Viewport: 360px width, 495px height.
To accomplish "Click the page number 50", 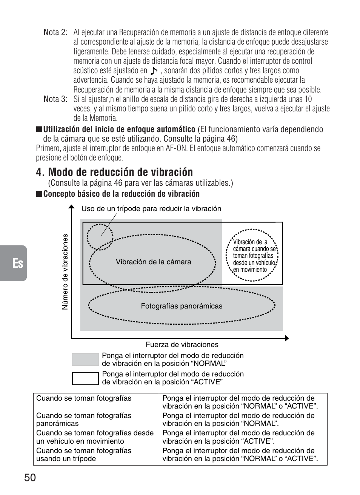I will pyautogui.click(x=30, y=478).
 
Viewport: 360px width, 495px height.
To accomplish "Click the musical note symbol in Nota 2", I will pyautogui.click(x=154, y=71).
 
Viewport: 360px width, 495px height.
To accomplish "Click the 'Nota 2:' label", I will pyautogui.click(x=55, y=32).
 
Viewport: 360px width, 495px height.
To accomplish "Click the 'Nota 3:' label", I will pyautogui.click(x=55, y=99).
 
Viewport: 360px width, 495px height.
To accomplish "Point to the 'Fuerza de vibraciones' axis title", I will pyautogui.click(x=182, y=344).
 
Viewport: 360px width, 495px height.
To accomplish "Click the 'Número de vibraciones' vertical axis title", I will pyautogui.click(x=66, y=272).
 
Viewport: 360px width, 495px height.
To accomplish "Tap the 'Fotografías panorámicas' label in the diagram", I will pyautogui.click(x=182, y=306).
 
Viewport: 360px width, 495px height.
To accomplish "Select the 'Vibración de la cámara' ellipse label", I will pyautogui.click(x=153, y=262).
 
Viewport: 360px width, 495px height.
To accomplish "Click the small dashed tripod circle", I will pyautogui.click(x=100, y=237).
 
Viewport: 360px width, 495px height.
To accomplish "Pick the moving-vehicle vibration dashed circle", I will pyautogui.click(x=252, y=255).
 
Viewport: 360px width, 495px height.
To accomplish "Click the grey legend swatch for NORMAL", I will pyautogui.click(x=85, y=359).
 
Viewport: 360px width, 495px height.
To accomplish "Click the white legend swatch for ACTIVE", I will pyautogui.click(x=85, y=378).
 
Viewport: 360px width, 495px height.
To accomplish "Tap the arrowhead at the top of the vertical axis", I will pyautogui.click(x=71, y=207).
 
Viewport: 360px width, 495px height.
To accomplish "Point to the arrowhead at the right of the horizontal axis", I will pyautogui.click(x=287, y=338).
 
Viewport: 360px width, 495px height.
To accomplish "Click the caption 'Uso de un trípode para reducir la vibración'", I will pyautogui.click(x=151, y=209).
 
